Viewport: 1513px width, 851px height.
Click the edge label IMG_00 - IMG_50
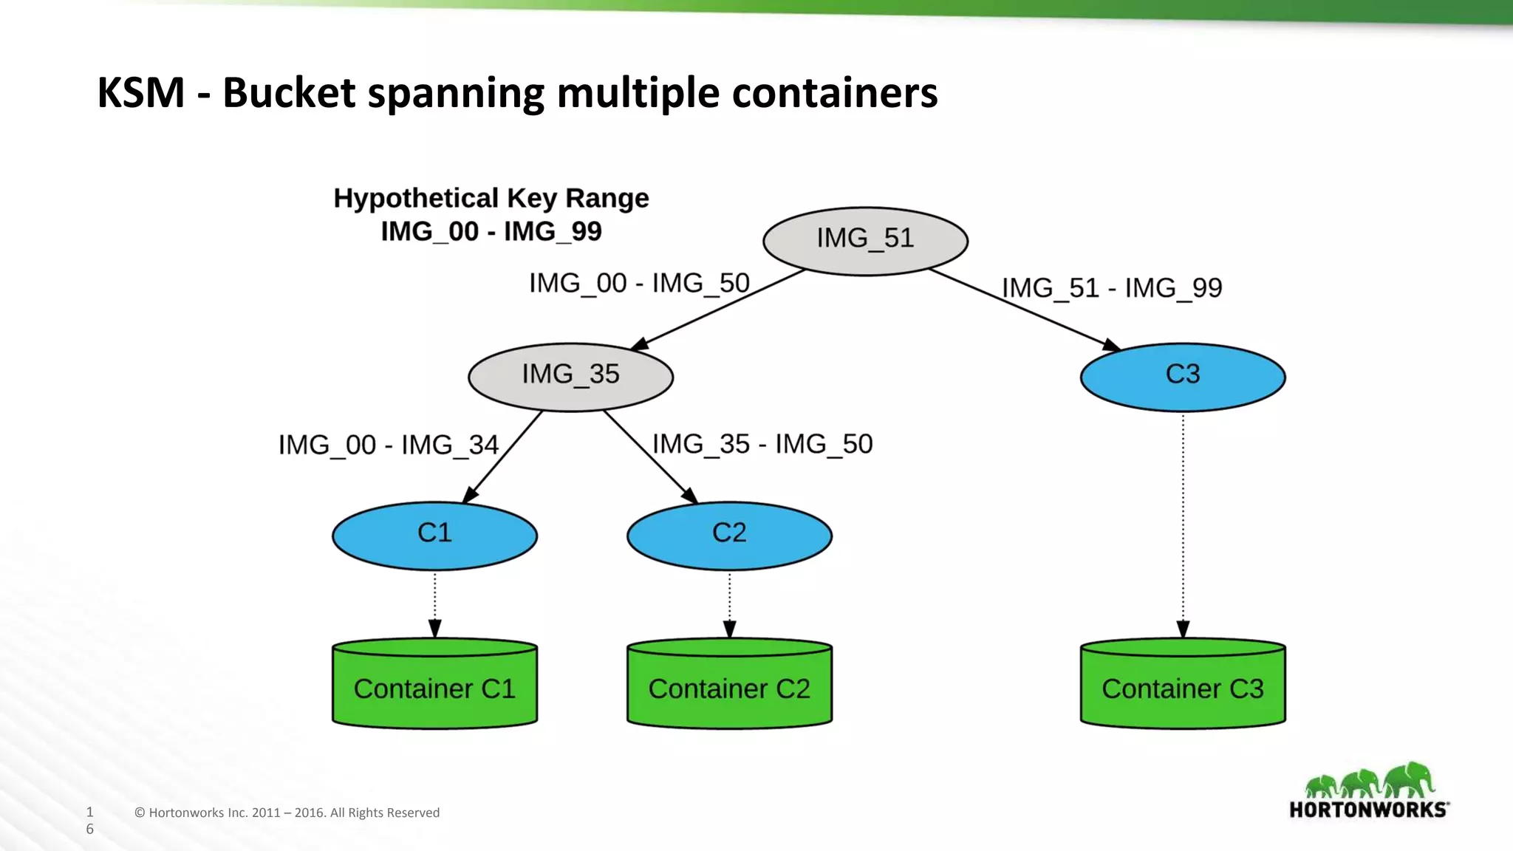639,284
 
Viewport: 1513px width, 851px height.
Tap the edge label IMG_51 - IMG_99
1112,288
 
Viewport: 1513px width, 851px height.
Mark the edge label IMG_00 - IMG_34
389,445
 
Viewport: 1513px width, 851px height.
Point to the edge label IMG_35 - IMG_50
762,445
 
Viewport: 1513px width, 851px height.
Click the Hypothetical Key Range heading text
491,199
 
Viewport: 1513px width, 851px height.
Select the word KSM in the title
140,93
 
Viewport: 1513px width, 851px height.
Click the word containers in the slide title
835,93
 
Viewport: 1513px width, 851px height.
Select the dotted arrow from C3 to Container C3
1183,517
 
